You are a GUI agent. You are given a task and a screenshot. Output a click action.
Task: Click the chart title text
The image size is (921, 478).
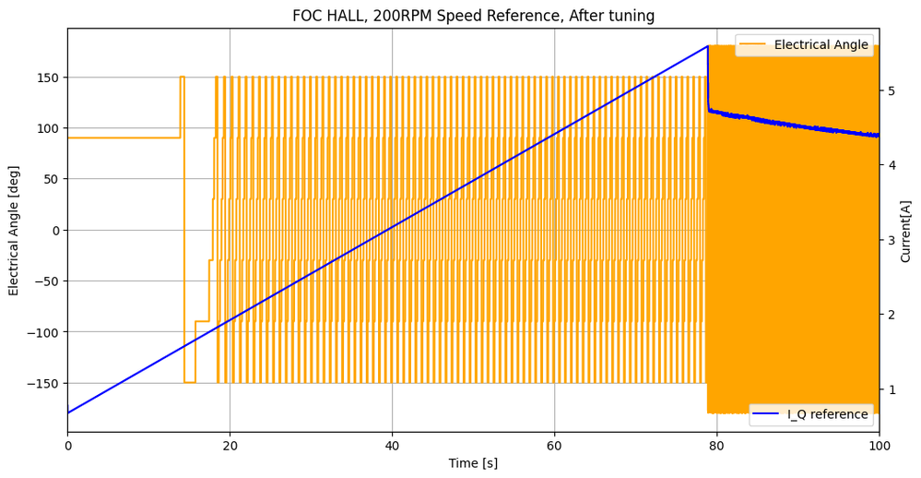click(x=473, y=16)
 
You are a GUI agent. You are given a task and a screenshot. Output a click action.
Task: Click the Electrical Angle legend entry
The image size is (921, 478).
click(x=821, y=44)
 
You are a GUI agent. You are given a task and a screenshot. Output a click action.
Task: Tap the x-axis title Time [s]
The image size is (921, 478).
click(x=473, y=463)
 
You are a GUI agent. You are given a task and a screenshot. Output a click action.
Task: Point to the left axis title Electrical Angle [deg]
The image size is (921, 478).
click(x=14, y=230)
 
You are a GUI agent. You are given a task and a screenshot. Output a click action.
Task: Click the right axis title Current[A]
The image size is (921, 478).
click(x=905, y=231)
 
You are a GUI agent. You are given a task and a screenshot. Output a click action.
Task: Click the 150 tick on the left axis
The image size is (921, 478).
click(x=48, y=78)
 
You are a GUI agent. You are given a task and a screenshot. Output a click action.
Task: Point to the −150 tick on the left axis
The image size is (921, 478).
click(x=44, y=383)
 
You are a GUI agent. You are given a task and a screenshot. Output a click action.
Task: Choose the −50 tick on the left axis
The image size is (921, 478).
click(x=48, y=281)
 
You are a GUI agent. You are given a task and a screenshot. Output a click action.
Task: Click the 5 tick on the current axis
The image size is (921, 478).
click(x=891, y=90)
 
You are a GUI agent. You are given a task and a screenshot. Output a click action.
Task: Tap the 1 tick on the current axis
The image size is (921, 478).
click(x=891, y=389)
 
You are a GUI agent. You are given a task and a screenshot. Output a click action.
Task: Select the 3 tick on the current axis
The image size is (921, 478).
click(x=891, y=240)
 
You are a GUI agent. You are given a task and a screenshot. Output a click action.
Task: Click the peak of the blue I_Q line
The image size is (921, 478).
click(x=707, y=46)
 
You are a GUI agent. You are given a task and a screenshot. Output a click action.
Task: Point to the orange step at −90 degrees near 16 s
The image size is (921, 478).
click(x=202, y=321)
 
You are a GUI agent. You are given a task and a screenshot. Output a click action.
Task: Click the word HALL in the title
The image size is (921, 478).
click(x=346, y=16)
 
